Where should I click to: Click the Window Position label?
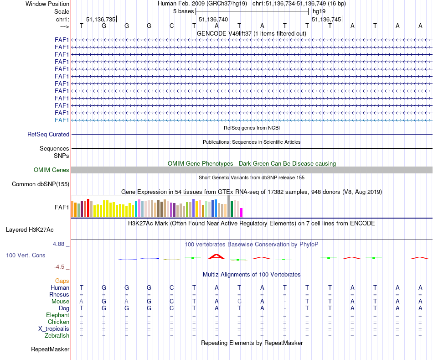pyautogui.click(x=47, y=4)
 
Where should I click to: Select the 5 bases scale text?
pyautogui.click(x=183, y=11)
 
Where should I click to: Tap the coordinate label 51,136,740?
pyautogui.click(x=213, y=19)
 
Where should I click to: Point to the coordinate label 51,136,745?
pyautogui.click(x=326, y=19)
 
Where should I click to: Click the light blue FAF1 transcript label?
pyautogui.click(x=62, y=120)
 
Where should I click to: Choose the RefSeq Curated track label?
pyautogui.click(x=48, y=135)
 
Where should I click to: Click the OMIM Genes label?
pyautogui.click(x=52, y=170)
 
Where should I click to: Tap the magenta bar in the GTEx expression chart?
pyautogui.click(x=242, y=212)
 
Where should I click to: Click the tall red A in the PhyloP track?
pyautogui.click(x=216, y=256)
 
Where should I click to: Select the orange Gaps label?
pyautogui.click(x=62, y=281)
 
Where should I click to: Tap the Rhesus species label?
pyautogui.click(x=59, y=295)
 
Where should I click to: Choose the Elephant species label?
pyautogui.click(x=58, y=315)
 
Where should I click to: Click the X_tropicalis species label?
pyautogui.click(x=54, y=329)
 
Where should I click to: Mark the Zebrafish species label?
pyautogui.click(x=57, y=336)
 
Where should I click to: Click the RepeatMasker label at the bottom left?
pyautogui.click(x=50, y=350)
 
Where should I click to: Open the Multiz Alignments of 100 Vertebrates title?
pyautogui.click(x=252, y=275)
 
